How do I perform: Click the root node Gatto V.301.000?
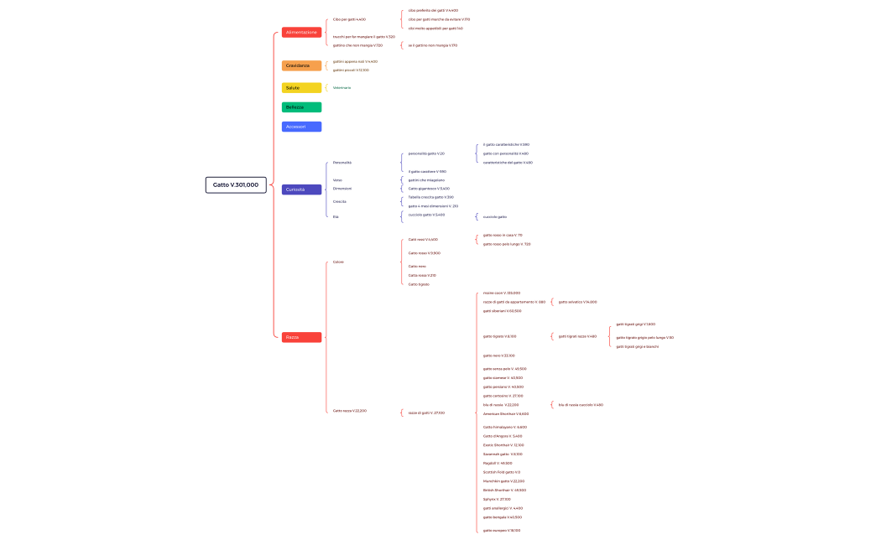click(x=236, y=184)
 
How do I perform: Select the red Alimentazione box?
click(x=301, y=32)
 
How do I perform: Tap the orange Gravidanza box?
click(x=301, y=65)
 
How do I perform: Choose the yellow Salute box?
click(x=301, y=88)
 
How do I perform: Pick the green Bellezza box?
click(x=301, y=107)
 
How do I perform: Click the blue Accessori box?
click(x=301, y=127)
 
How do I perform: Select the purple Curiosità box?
click(x=301, y=189)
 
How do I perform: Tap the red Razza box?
click(x=301, y=337)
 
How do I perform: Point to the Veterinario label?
click(x=342, y=88)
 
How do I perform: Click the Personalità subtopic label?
click(x=342, y=163)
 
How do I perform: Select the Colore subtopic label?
click(x=338, y=262)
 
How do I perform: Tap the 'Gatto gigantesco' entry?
click(x=429, y=189)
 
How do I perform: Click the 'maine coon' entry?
click(x=502, y=293)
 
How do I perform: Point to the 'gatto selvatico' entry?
click(x=577, y=302)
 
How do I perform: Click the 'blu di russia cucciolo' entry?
click(x=581, y=405)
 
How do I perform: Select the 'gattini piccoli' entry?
click(x=351, y=70)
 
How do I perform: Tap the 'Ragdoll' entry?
click(x=498, y=463)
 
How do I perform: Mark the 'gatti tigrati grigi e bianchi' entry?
click(x=637, y=346)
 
